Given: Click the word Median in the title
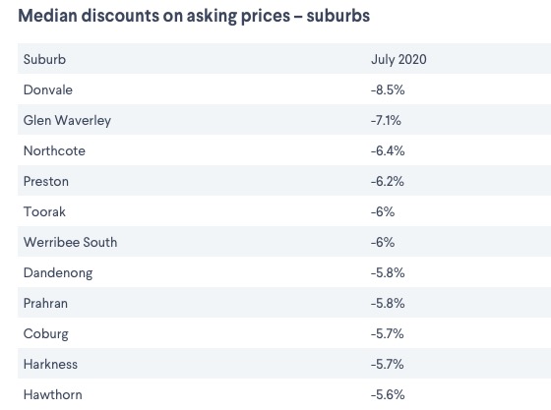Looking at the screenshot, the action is click(x=48, y=16).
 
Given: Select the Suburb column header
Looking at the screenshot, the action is click(x=44, y=59).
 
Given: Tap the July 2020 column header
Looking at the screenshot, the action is click(x=398, y=59).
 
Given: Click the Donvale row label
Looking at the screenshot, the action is click(x=48, y=89).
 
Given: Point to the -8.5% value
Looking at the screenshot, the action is click(x=388, y=89).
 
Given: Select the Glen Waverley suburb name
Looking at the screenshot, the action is click(x=68, y=120).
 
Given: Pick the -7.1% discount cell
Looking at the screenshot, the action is click(x=386, y=120).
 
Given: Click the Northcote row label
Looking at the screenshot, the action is click(x=54, y=151).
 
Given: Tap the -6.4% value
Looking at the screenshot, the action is click(x=388, y=151).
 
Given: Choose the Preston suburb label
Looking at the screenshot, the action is click(x=46, y=182).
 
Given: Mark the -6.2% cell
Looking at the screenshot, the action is click(x=388, y=182).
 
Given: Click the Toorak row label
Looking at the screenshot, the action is click(x=44, y=212).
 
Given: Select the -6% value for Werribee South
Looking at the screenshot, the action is click(x=383, y=242).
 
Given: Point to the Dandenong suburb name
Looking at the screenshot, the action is click(x=58, y=273).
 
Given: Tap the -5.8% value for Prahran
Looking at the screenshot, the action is click(x=388, y=303).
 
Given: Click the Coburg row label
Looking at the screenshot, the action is click(x=46, y=334).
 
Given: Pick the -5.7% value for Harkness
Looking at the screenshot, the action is click(x=388, y=365).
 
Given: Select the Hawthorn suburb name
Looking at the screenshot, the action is click(x=53, y=395).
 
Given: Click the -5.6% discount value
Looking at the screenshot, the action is click(x=388, y=395).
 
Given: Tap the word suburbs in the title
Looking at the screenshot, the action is click(x=338, y=16).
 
